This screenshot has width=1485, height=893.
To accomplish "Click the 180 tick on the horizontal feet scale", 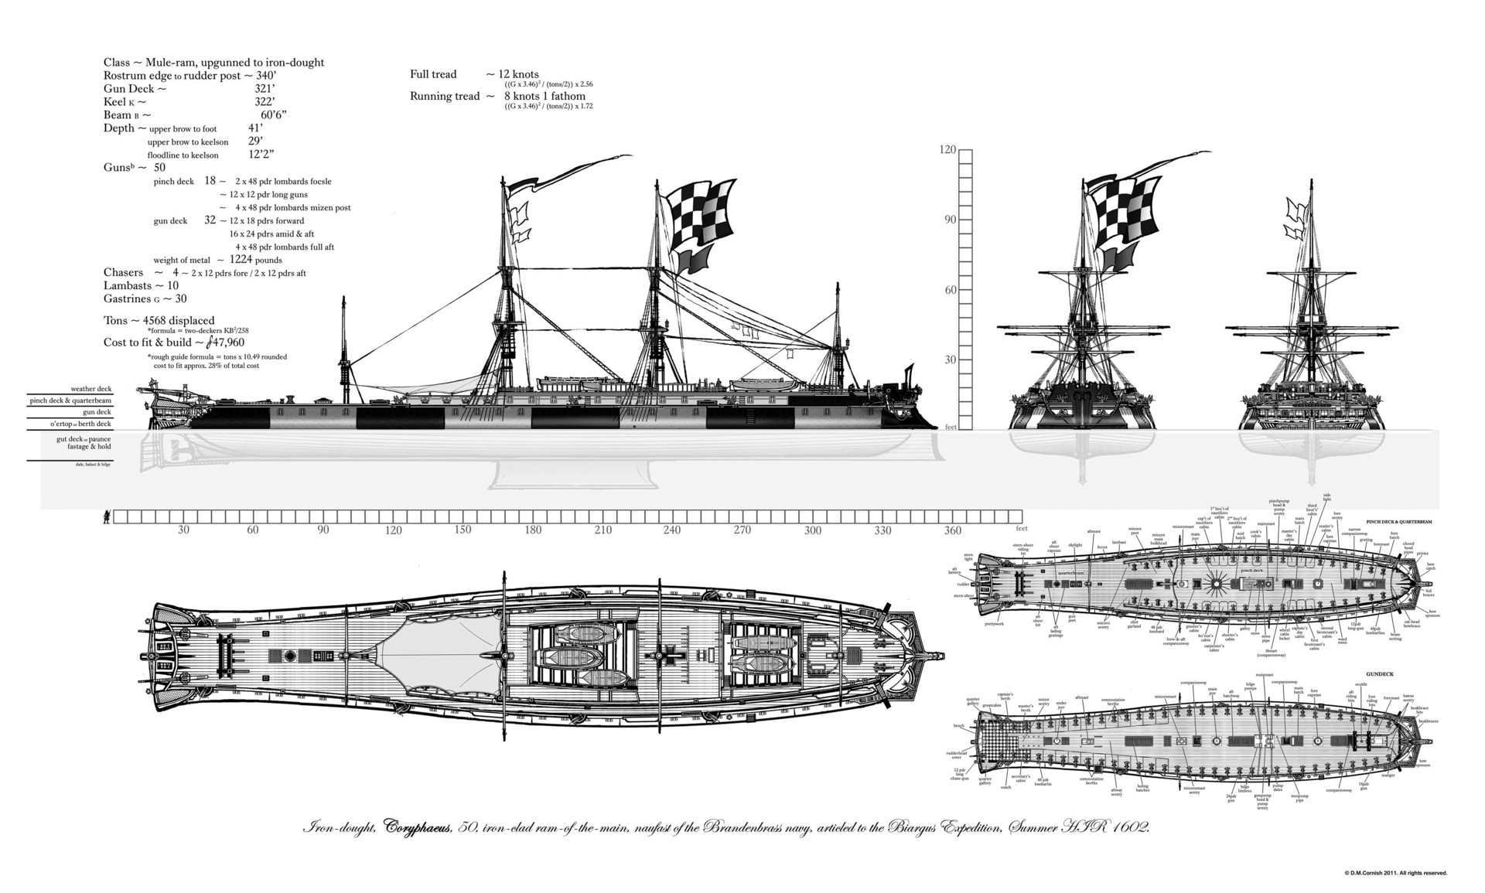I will click(x=533, y=530).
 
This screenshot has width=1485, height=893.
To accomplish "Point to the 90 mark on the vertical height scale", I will click(x=949, y=220).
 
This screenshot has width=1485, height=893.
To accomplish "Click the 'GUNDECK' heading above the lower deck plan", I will click(x=1379, y=674).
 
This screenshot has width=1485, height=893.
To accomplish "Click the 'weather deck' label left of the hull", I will click(x=91, y=389).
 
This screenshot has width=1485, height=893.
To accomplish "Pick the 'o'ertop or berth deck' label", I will click(x=80, y=424).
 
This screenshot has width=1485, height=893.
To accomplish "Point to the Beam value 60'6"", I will click(x=274, y=115).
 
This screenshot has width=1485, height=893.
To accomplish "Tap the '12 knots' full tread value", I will click(x=519, y=74).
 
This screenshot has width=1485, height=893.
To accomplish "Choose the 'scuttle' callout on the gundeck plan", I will click(x=1361, y=684).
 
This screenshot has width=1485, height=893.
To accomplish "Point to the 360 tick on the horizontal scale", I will click(x=953, y=530).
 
